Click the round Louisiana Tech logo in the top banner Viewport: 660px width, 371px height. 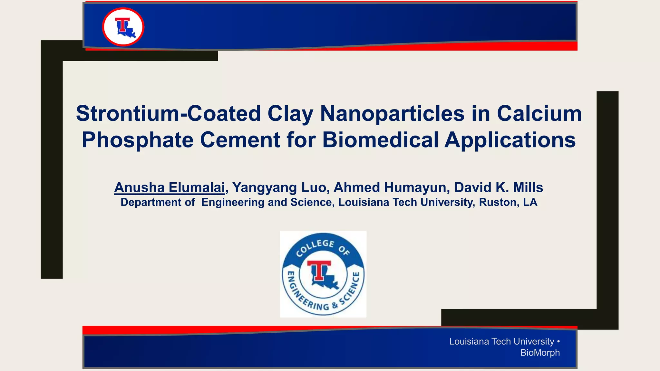pos(123,27)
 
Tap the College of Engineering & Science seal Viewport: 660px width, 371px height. pos(323,274)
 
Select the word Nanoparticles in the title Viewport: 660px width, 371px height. pos(392,114)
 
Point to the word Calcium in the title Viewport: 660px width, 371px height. pos(539,114)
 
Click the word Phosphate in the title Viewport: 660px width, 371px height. pos(138,140)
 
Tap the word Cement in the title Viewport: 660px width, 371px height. pos(240,140)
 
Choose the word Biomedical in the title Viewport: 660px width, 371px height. pos(380,140)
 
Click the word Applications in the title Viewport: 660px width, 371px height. pos(510,140)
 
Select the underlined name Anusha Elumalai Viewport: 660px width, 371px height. pos(170,187)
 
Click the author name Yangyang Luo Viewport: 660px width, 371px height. pos(279,187)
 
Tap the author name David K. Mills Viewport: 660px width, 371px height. pos(499,187)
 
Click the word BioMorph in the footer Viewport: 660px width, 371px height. pos(540,353)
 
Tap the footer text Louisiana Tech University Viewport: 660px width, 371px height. pos(501,341)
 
